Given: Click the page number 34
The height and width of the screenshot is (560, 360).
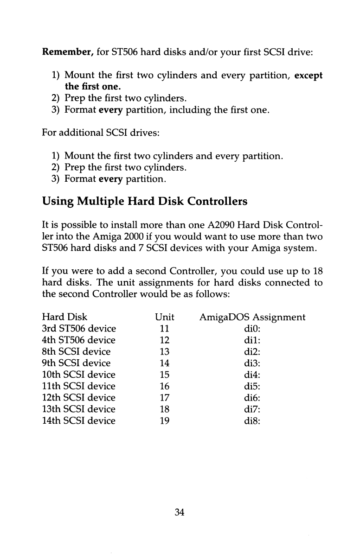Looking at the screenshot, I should click(x=180, y=512).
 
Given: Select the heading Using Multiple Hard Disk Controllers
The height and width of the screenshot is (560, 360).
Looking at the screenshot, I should click(x=145, y=202).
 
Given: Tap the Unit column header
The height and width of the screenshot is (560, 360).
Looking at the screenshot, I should click(x=165, y=317).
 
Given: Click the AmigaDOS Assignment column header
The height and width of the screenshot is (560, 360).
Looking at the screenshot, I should click(x=252, y=317).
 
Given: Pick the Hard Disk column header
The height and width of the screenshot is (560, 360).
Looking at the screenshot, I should click(x=64, y=317).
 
